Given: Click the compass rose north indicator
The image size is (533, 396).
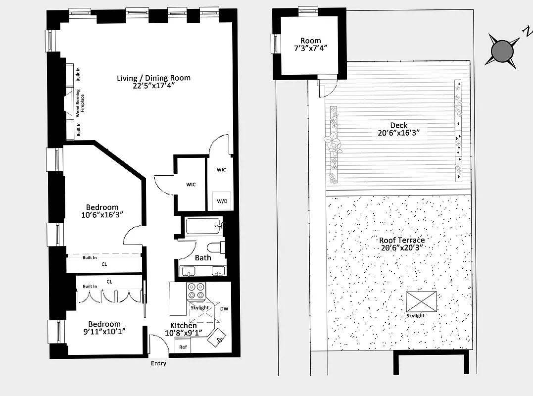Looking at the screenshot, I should coord(503,50).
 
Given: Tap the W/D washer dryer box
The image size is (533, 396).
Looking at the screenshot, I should coord(222,201).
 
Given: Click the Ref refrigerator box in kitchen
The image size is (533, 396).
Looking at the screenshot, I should coord(183,347).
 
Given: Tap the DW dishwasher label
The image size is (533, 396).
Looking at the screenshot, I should coord(224,308).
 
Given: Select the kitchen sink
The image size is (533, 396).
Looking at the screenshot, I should coord(218,339).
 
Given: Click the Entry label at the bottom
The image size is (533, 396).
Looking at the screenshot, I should coord(158,363).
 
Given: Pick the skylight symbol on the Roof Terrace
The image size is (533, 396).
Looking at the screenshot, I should coord(422,301).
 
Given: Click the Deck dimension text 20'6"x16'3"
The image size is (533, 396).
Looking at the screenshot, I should coord(399,132).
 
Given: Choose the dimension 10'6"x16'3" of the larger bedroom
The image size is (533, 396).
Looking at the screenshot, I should coord(102,214).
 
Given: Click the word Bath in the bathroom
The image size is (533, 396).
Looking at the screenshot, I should coord(203,257).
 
